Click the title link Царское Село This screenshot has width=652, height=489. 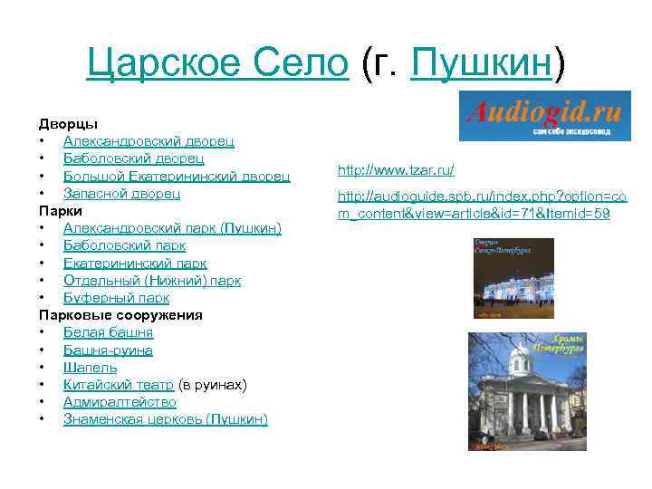click(217, 63)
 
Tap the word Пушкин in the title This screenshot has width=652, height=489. click(480, 63)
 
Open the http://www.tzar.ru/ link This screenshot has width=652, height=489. click(396, 170)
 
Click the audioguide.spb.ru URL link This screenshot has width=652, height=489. click(481, 206)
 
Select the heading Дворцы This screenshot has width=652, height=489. click(68, 123)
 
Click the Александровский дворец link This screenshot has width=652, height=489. click(149, 141)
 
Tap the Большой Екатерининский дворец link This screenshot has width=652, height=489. click(177, 176)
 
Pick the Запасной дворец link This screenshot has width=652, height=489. click(121, 193)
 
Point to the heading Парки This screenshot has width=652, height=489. click(60, 210)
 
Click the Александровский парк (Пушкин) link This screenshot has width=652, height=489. click(172, 227)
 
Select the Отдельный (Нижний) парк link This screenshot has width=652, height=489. click(152, 280)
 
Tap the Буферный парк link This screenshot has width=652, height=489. click(116, 298)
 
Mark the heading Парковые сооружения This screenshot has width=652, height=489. click(120, 315)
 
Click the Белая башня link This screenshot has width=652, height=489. click(108, 332)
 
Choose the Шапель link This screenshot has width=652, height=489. click(90, 368)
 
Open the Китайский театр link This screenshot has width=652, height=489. click(119, 385)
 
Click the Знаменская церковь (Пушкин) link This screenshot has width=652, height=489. click(165, 419)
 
